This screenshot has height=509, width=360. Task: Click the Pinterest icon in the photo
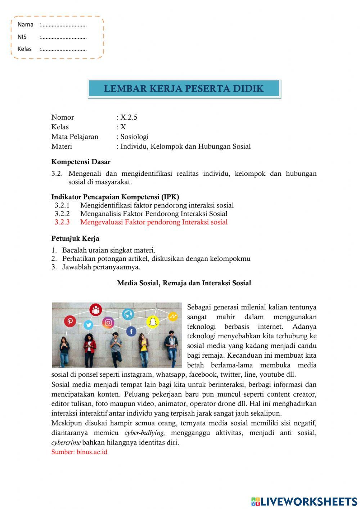[x=70, y=321]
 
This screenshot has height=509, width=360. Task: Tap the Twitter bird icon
[x=88, y=325]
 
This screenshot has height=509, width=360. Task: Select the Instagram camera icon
[x=108, y=322]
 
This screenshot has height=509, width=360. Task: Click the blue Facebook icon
[x=131, y=331]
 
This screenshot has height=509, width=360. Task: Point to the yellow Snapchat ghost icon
[x=153, y=322]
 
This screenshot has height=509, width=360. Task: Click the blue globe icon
[x=128, y=314]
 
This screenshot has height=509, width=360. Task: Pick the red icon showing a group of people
[x=96, y=309]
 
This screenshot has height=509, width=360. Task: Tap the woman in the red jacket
[x=89, y=348]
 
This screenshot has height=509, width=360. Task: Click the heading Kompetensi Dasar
[x=81, y=162]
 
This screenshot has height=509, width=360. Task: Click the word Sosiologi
[x=134, y=137]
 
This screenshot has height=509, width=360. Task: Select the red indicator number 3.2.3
[x=62, y=222]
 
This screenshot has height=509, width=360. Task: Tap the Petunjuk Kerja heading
[x=75, y=238]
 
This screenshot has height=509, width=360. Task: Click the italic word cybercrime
[x=66, y=442]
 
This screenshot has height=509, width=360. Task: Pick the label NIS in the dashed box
[x=22, y=37]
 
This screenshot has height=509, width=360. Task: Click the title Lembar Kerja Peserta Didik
[x=184, y=89]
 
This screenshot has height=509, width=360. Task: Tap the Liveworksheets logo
[x=304, y=501]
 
